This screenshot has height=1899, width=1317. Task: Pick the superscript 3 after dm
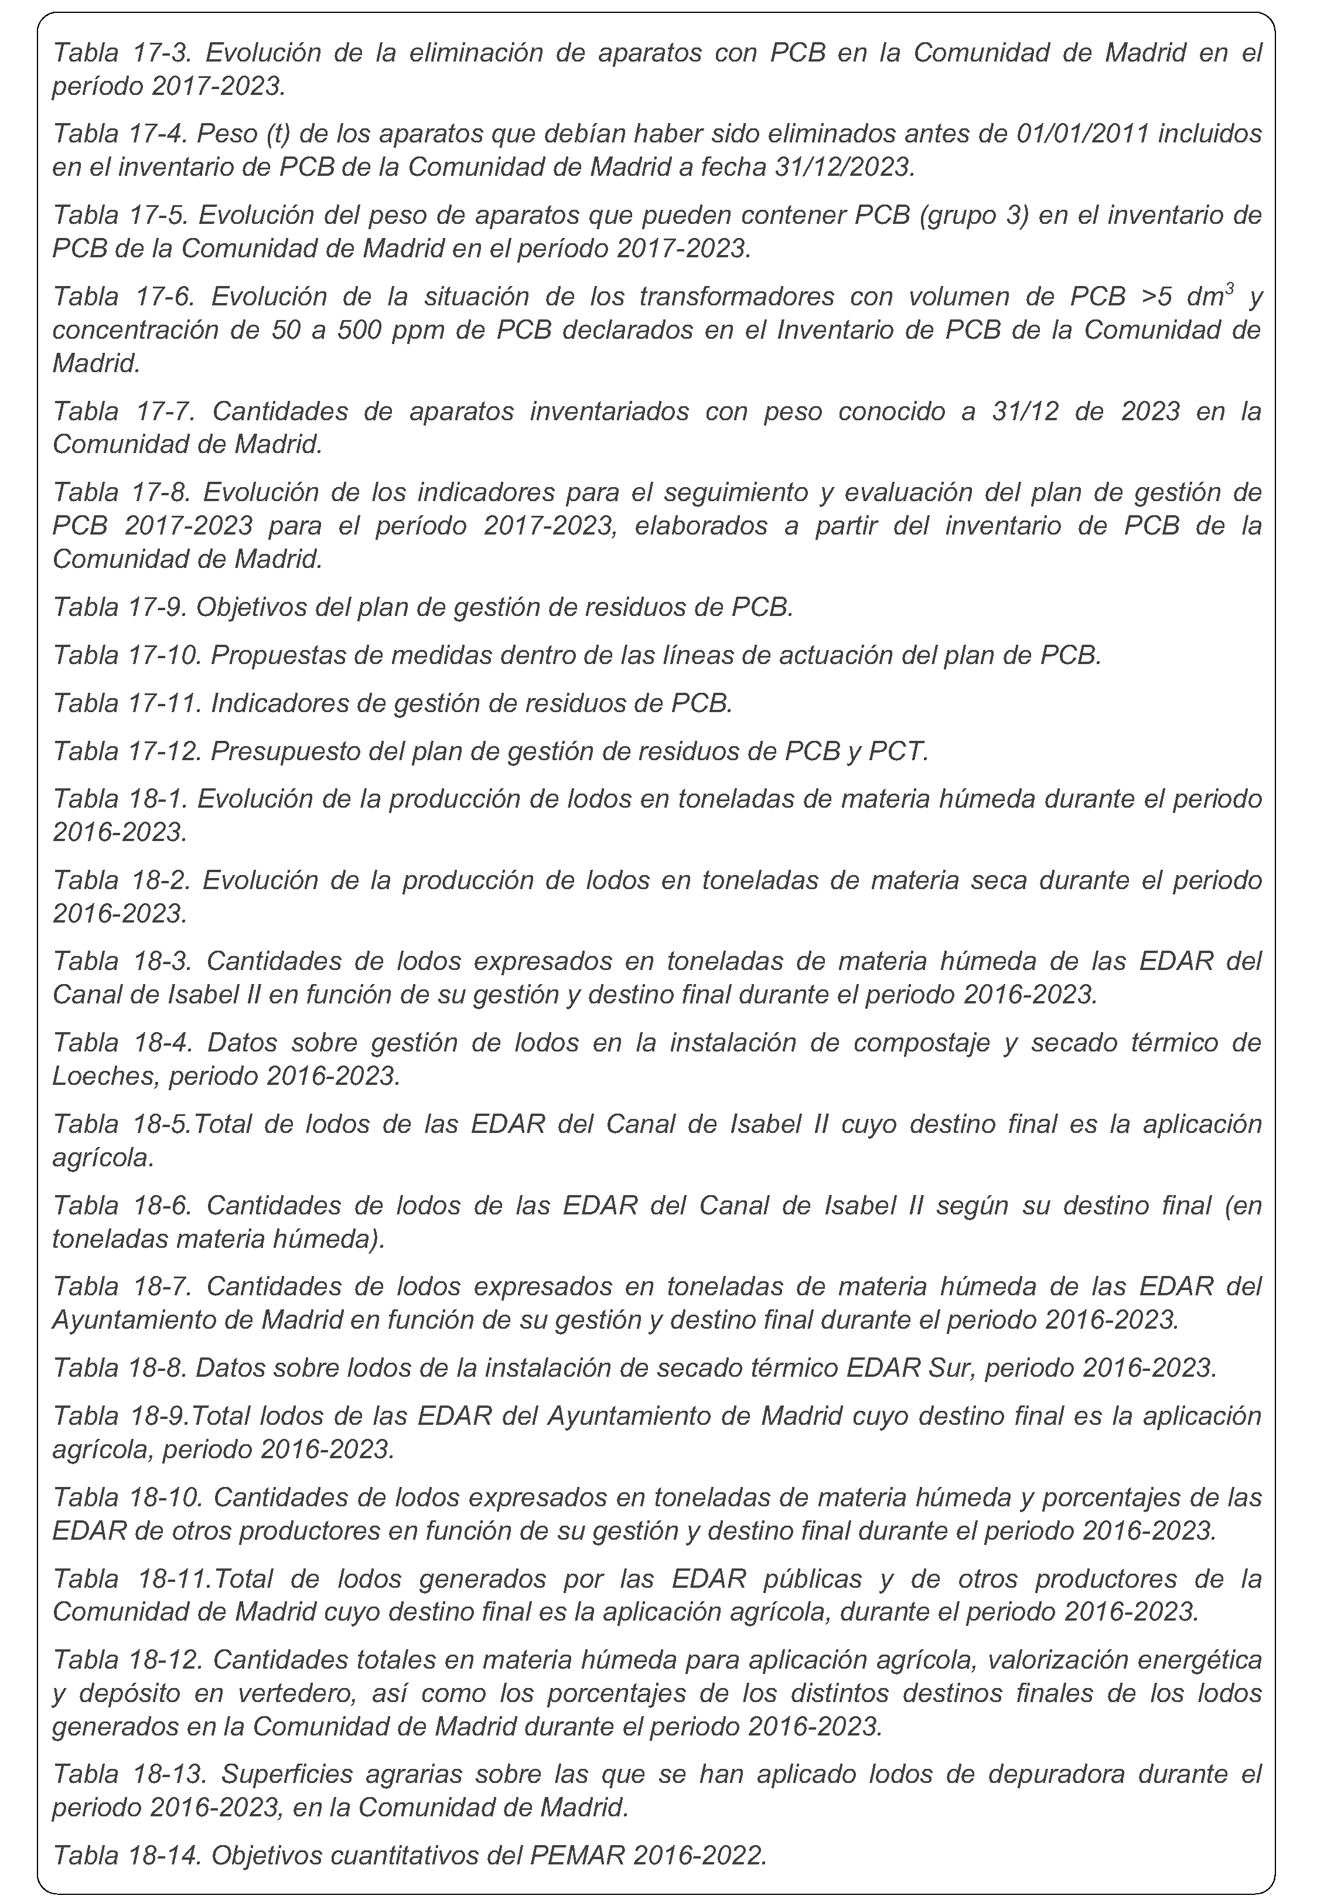click(1230, 288)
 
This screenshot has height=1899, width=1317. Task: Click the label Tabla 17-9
click(121, 607)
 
